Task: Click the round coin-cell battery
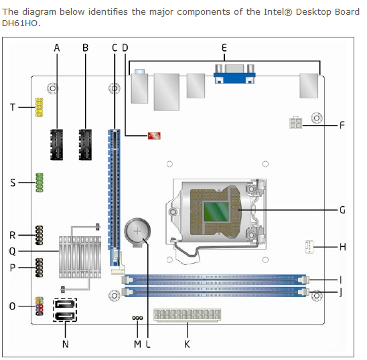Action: point(137,232)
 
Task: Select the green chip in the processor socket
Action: point(216,212)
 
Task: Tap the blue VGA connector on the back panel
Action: point(234,74)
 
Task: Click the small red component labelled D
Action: point(154,136)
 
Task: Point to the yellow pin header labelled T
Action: point(39,107)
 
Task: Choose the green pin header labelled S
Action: point(40,183)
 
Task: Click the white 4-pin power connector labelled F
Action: point(295,122)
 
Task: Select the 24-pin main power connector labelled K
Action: point(188,315)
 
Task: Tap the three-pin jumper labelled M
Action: point(137,318)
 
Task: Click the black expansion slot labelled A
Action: point(56,145)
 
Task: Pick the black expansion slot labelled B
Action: point(85,145)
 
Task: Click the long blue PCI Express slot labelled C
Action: point(114,197)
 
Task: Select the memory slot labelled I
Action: point(216,280)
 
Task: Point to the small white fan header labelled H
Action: point(309,247)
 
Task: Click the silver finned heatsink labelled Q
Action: point(80,257)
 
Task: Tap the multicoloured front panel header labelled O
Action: point(40,306)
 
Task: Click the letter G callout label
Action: point(342,210)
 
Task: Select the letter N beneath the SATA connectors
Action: point(66,344)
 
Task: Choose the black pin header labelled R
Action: point(39,236)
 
